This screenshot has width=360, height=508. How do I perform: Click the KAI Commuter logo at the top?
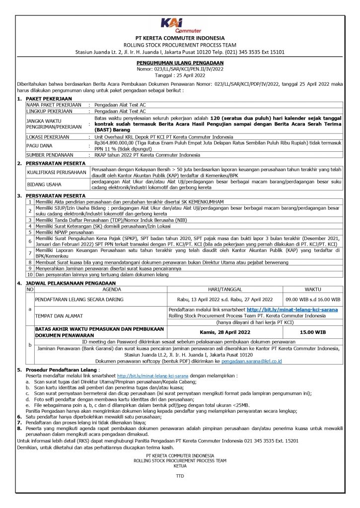point(179,25)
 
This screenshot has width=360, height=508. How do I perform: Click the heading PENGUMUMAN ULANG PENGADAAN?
point(180,63)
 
